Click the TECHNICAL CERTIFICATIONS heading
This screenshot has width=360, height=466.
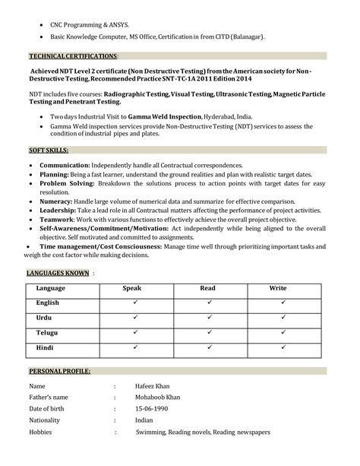pyautogui.click(x=73, y=56)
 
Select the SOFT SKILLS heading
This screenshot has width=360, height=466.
pyautogui.click(x=49, y=151)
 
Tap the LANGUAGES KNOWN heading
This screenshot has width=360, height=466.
pyautogui.click(x=58, y=272)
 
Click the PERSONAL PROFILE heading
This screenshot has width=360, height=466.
pyautogui.click(x=59, y=370)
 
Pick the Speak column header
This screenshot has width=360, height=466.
pyautogui.click(x=132, y=289)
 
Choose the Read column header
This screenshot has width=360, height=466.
pyautogui.click(x=207, y=289)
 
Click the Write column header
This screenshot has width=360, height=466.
pyautogui.click(x=278, y=289)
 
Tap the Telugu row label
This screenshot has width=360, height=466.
pyautogui.click(x=47, y=332)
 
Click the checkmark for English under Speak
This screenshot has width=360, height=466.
pyautogui.click(x=134, y=303)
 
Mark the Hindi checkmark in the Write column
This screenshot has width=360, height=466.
pyautogui.click(x=283, y=347)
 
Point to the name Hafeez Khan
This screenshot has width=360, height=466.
pyautogui.click(x=154, y=386)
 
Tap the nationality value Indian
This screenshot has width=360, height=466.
pyautogui.click(x=144, y=420)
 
